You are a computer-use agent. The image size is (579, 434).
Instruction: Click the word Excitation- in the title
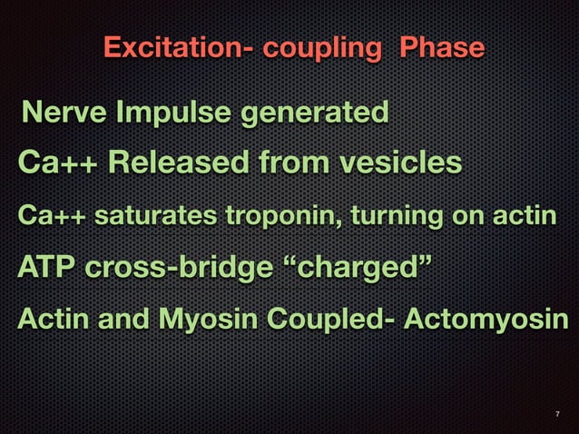pos(178,46)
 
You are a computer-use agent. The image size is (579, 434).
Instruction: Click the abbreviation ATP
pos(46,269)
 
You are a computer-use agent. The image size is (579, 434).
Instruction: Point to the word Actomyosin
pos(495,321)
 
